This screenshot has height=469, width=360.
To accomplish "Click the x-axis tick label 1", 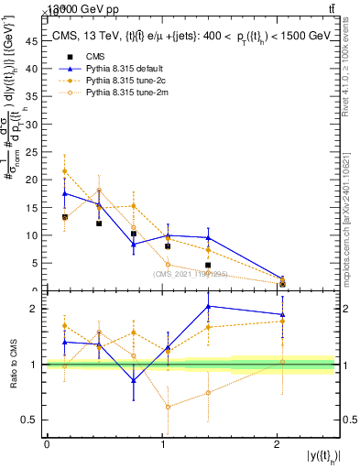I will click(x=162, y=444).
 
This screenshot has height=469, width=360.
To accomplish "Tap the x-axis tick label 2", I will click(x=278, y=444).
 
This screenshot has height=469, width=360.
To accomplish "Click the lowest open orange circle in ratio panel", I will click(x=168, y=407).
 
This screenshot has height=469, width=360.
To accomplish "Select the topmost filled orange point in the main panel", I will click(x=64, y=171).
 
